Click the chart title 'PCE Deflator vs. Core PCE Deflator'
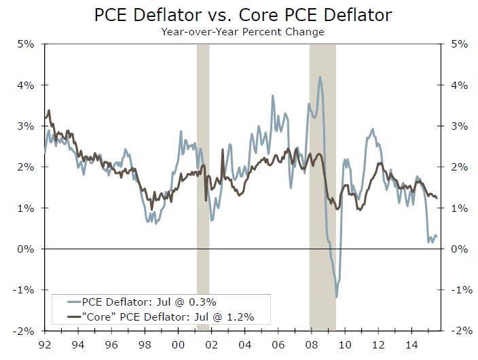point(239,14)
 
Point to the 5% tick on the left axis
point(25,45)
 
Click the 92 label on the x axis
point(45,345)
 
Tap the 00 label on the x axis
point(178,345)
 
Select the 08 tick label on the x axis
point(311,345)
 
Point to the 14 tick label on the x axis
point(411,345)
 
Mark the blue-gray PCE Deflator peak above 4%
point(320,77)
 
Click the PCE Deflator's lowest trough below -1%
point(337,297)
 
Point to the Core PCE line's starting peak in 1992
point(49,110)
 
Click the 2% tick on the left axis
point(25,167)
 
